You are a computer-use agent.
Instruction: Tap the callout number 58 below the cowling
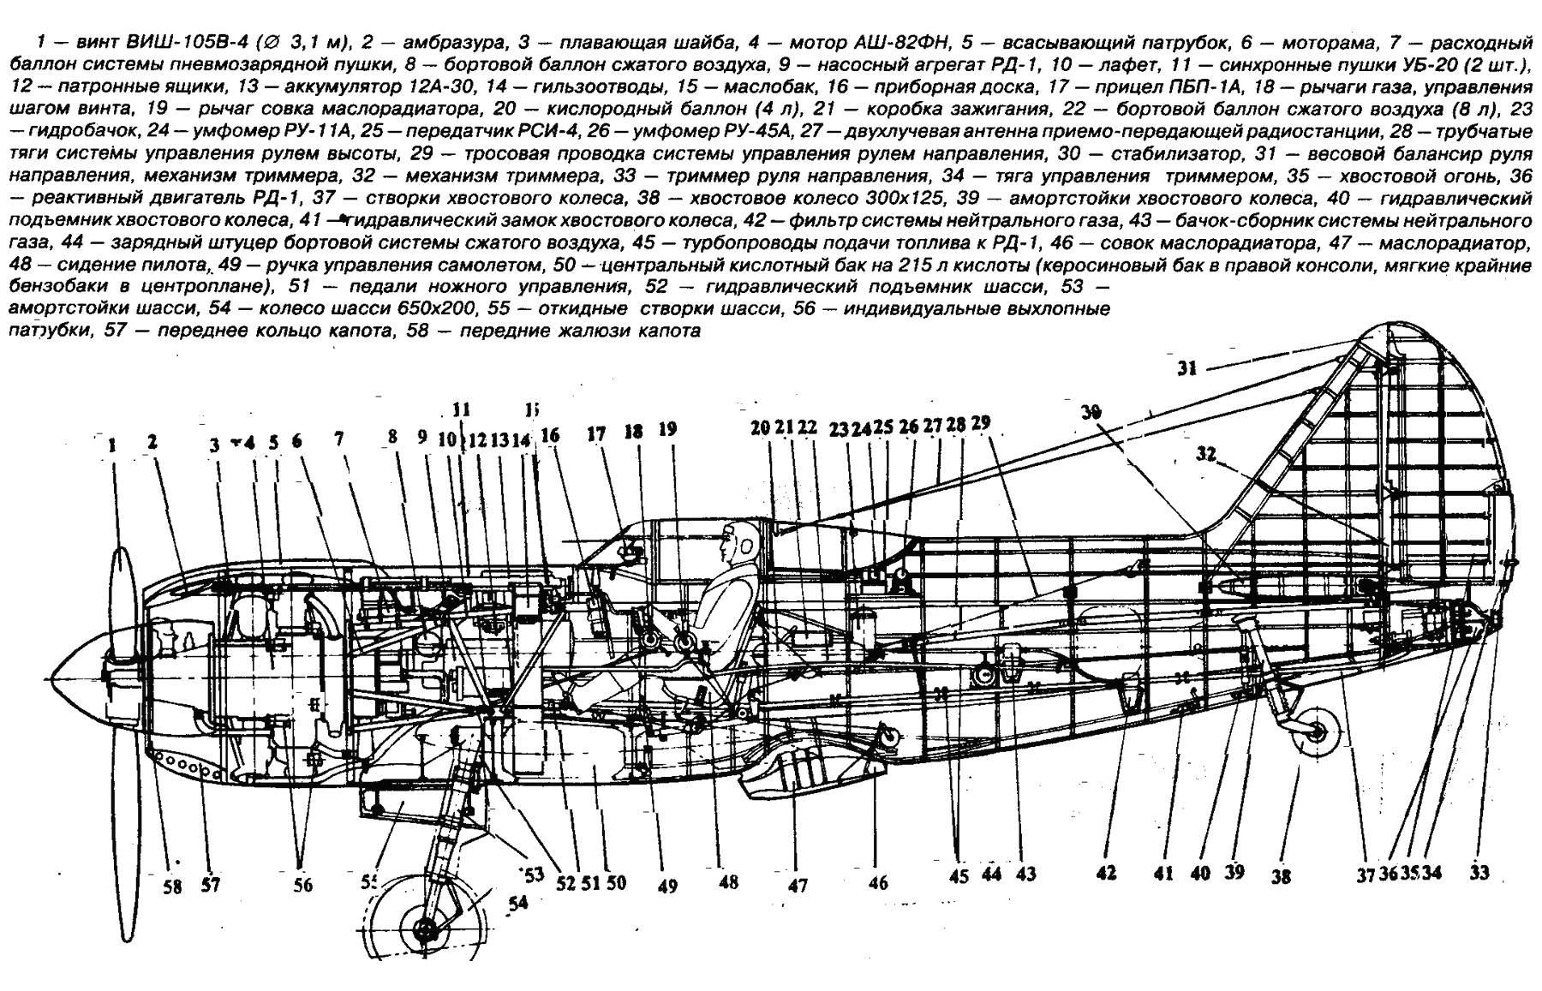click(x=173, y=887)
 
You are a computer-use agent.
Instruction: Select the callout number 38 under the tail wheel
click(x=1281, y=877)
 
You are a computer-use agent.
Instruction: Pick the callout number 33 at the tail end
click(x=1479, y=874)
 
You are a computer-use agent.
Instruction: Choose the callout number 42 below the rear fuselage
click(x=1106, y=874)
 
